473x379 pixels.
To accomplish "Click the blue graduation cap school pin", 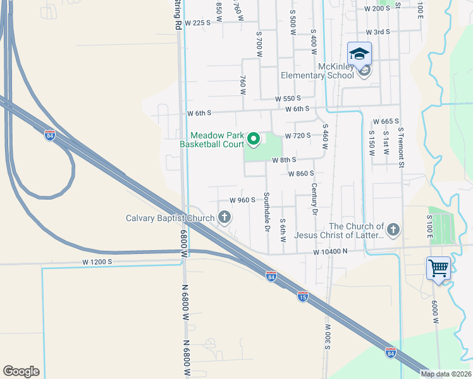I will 359,54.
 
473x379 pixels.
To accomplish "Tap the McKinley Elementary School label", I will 317,71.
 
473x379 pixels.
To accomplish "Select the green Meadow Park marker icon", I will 254,138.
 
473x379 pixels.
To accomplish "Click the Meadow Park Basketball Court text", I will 217,140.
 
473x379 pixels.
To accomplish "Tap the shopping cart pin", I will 438,268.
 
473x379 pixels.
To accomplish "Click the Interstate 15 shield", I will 303,296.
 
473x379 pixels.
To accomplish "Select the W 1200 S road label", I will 97,262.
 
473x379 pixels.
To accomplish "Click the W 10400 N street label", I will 330,251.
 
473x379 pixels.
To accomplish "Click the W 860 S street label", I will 301,173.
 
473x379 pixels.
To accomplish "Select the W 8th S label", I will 284,160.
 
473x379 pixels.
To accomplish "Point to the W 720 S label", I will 298,136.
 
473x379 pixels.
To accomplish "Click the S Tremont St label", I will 400,147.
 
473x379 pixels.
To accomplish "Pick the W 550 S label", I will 288,99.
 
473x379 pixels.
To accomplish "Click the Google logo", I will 21,371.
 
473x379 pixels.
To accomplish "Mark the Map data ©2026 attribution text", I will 445,374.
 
